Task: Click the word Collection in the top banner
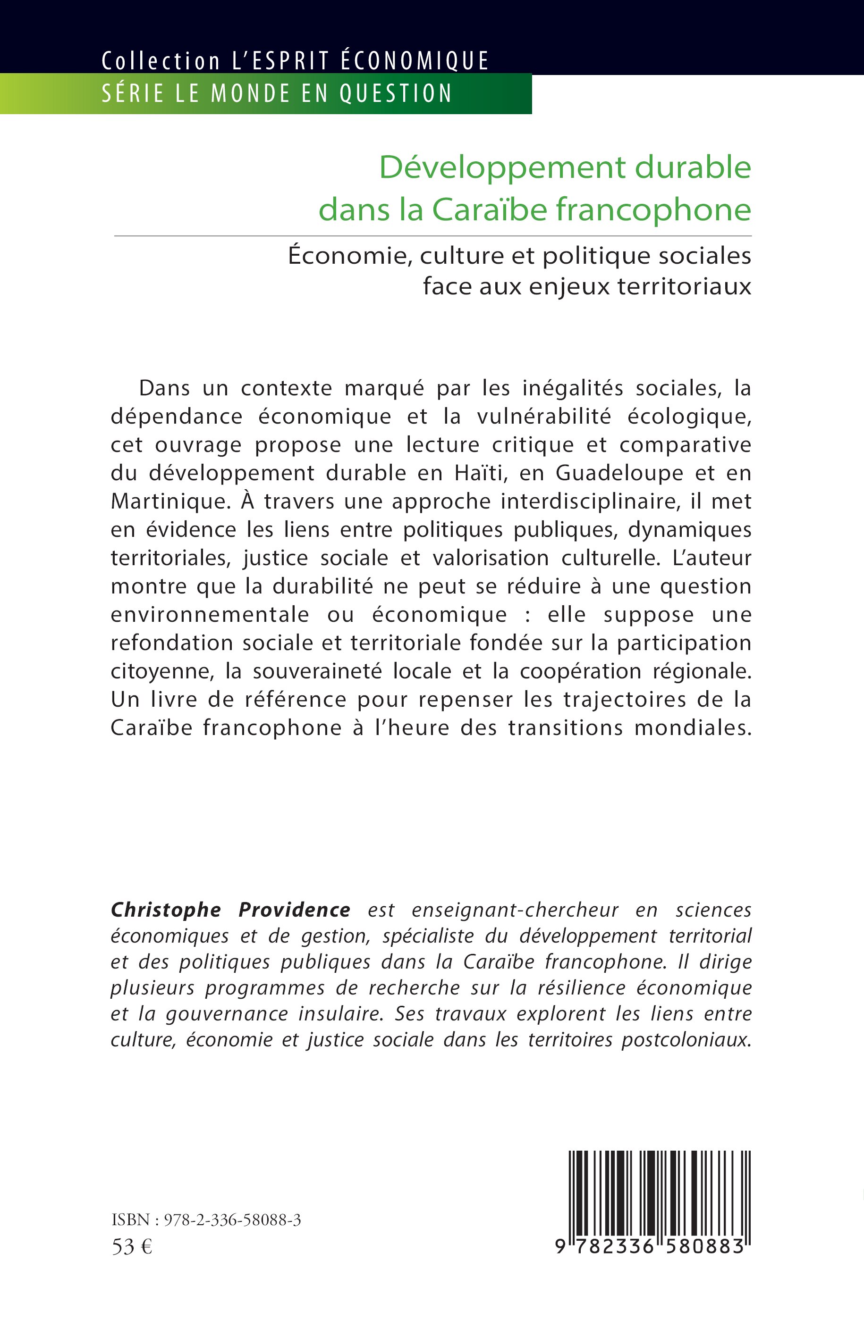pyautogui.click(x=161, y=60)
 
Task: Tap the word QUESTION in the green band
pyautogui.click(x=396, y=93)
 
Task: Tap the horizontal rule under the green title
pyautogui.click(x=432, y=236)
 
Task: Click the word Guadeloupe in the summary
pyautogui.click(x=619, y=473)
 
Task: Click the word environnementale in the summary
pyautogui.click(x=209, y=614)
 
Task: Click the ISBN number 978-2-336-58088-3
pyautogui.click(x=232, y=1220)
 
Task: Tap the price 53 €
pyautogui.click(x=132, y=1246)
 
